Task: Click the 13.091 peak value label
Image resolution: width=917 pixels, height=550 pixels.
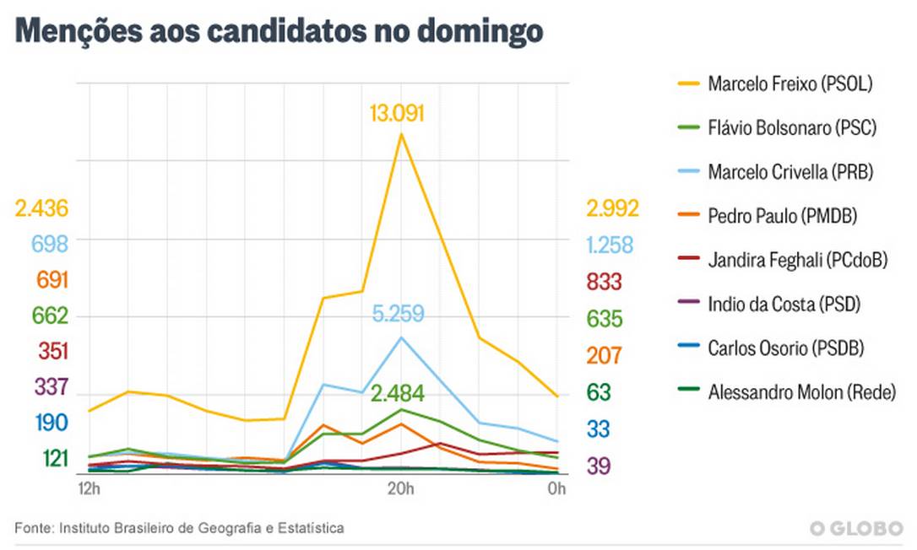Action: coord(396,113)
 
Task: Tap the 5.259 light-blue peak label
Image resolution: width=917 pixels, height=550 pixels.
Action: coord(401,315)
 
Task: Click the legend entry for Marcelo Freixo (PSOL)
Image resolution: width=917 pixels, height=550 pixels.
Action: coord(789,84)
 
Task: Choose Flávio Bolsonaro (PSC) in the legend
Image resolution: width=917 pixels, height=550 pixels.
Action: coord(792,128)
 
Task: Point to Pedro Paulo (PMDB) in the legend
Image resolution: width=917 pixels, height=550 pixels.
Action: coord(783,216)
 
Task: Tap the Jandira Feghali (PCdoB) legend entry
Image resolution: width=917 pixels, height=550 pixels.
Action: coord(798,260)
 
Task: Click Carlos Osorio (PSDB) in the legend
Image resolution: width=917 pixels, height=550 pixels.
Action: coord(786,348)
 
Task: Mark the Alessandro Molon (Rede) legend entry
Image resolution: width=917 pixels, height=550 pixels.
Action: coord(801,391)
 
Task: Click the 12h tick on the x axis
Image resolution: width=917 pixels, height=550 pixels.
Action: coord(89,489)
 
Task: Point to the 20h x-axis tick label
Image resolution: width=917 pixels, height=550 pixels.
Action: coord(400,489)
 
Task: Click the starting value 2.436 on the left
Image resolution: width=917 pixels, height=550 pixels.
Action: coord(41,208)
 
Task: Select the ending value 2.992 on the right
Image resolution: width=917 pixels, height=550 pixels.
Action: coord(613,208)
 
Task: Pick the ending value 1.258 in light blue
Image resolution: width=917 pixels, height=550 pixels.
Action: coord(610,245)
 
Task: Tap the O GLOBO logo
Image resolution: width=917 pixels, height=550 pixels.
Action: coord(855,528)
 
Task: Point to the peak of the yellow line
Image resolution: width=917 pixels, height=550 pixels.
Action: coord(400,133)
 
